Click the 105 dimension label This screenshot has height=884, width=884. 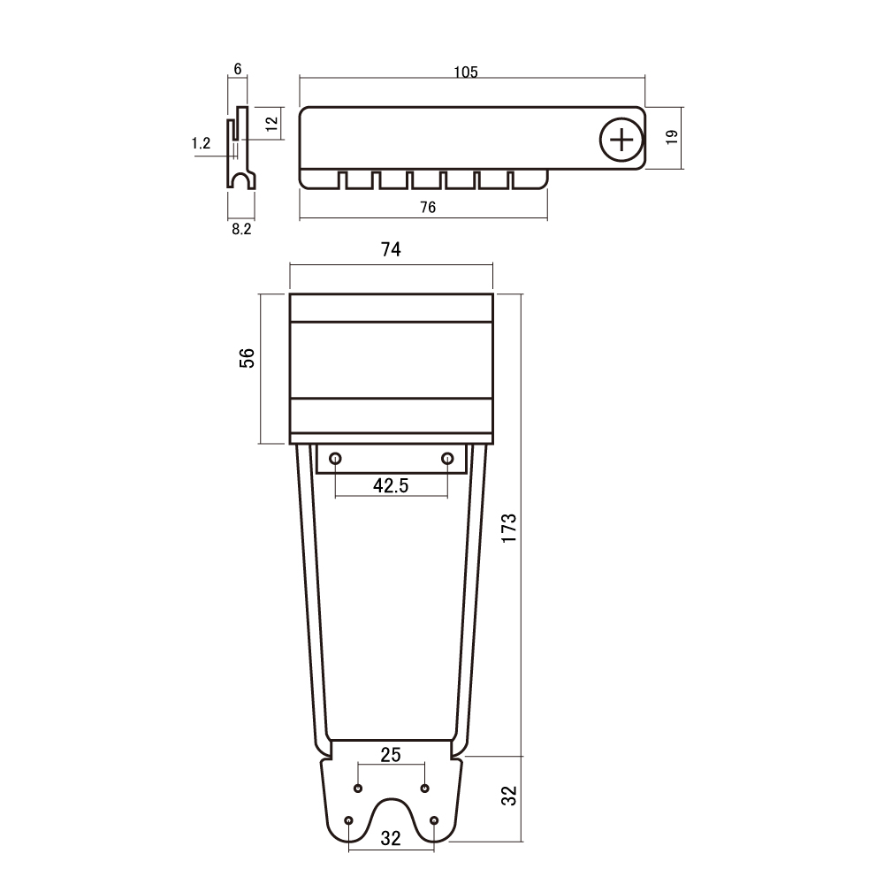(466, 72)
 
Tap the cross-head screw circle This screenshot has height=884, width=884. (621, 140)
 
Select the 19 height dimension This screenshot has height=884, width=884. (672, 137)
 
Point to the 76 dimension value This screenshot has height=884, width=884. (428, 208)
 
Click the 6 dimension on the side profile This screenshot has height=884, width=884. (237, 69)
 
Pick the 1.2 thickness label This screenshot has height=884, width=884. (202, 143)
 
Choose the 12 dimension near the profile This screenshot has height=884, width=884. (271, 124)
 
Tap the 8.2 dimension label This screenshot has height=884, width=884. (241, 229)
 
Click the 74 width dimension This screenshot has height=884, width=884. (391, 249)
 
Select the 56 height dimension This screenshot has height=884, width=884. (247, 358)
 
